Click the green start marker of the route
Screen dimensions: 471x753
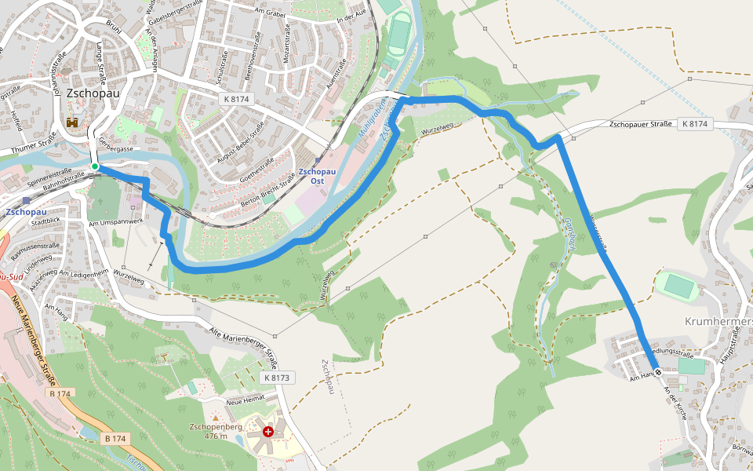point(94,166)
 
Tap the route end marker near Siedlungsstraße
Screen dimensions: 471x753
point(657,371)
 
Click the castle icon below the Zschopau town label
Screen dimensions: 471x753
point(73,122)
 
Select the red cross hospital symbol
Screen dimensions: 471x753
point(269,432)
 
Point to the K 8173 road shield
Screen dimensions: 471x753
point(278,378)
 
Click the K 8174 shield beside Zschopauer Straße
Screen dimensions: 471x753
point(694,124)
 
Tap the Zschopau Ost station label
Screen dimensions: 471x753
point(318,176)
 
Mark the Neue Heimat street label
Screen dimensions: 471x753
point(245,401)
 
